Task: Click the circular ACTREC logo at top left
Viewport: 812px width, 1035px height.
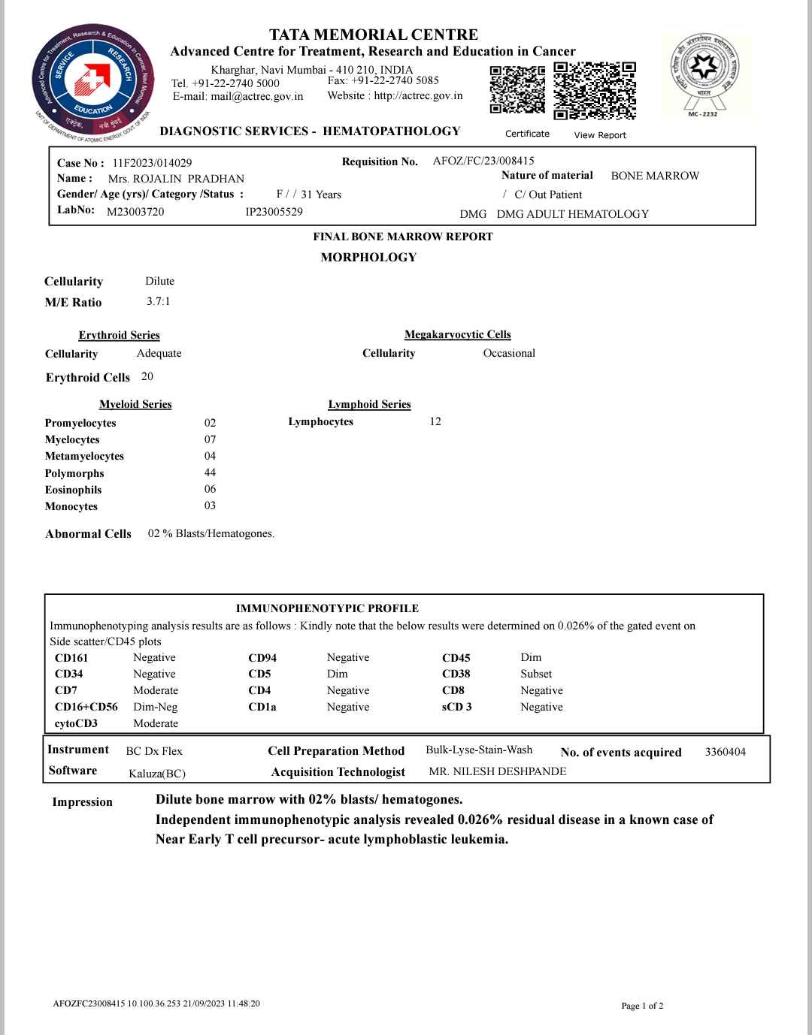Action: [x=92, y=81]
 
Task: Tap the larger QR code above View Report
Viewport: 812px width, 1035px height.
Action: [x=595, y=90]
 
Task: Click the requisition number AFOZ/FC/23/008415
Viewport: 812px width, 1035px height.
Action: [x=483, y=161]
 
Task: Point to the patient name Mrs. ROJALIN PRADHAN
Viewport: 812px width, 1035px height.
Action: [x=176, y=179]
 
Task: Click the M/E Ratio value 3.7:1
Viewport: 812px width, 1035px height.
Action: [x=158, y=301]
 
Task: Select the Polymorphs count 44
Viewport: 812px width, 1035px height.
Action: [x=210, y=472]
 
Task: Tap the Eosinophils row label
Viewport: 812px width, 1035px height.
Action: [x=73, y=490]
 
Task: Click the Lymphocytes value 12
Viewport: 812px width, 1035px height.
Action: [x=435, y=421]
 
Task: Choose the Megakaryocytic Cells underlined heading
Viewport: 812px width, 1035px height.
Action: [x=457, y=335]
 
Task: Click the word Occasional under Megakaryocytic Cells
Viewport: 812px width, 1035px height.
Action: [x=509, y=353]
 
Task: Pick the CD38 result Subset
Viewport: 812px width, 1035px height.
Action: [x=535, y=674]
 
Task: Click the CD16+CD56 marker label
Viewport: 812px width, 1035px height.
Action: [x=86, y=707]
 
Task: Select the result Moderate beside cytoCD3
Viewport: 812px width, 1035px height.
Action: [x=156, y=723]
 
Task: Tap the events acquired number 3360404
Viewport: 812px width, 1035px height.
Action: [x=725, y=752]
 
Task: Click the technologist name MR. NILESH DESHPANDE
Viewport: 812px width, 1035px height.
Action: [x=497, y=771]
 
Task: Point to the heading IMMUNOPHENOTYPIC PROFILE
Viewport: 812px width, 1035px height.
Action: [x=327, y=608]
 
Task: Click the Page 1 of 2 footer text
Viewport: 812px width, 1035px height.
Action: [x=641, y=1006]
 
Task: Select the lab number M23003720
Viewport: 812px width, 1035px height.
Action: [x=135, y=212]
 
